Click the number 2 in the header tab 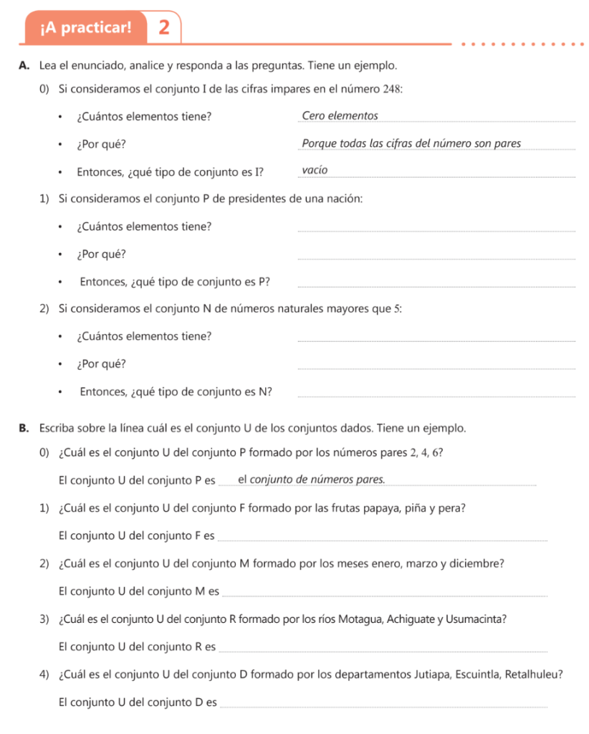coord(165,28)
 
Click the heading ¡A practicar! coord(87,28)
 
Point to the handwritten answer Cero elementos coord(340,115)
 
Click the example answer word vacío coord(315,171)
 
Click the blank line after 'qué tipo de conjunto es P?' coord(436,287)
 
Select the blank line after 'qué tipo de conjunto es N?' coord(436,396)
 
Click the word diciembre coord(477,563)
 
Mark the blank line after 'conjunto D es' coord(384,707)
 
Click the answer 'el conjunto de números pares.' coord(311,480)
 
